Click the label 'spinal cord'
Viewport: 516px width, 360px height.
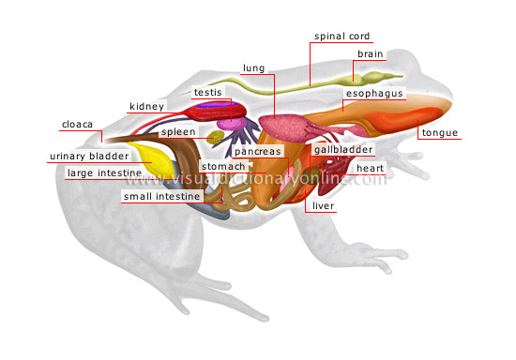[x=341, y=37]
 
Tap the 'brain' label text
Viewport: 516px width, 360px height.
[x=369, y=53]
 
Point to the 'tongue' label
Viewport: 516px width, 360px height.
[x=439, y=133]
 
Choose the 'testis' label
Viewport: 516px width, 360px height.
[x=206, y=92]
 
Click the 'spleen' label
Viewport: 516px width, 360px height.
[x=177, y=132]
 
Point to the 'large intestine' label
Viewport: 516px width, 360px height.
[x=103, y=172]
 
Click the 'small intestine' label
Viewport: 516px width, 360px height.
[x=161, y=197]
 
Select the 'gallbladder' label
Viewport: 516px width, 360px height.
[x=343, y=149]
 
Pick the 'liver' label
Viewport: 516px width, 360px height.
[x=323, y=205]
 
